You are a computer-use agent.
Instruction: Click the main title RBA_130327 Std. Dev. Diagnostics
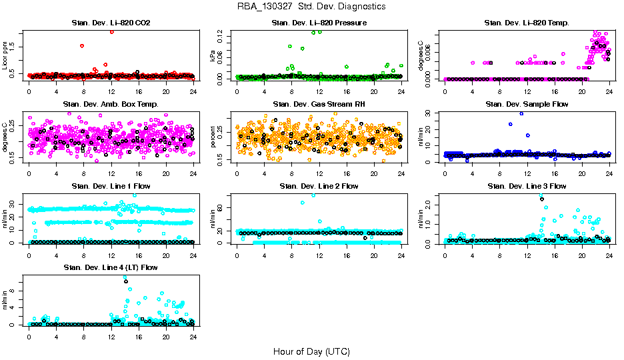(311, 7)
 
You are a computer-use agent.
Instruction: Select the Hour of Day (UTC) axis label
(311, 351)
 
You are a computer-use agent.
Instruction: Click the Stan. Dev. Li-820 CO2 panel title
(111, 23)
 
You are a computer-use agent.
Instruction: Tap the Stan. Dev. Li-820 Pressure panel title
(319, 23)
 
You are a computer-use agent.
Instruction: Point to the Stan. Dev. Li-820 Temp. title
(527, 23)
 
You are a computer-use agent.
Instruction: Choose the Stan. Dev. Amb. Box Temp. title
(111, 105)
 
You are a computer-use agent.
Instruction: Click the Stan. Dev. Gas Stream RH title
(319, 105)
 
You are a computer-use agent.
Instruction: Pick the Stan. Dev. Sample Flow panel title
(527, 105)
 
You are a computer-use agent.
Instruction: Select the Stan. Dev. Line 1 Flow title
(111, 186)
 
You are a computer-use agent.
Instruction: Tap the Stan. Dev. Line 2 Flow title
(319, 186)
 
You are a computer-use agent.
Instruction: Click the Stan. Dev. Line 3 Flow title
(527, 186)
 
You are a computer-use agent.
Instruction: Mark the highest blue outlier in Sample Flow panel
(521, 113)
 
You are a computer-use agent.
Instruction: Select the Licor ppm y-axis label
(5, 55)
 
